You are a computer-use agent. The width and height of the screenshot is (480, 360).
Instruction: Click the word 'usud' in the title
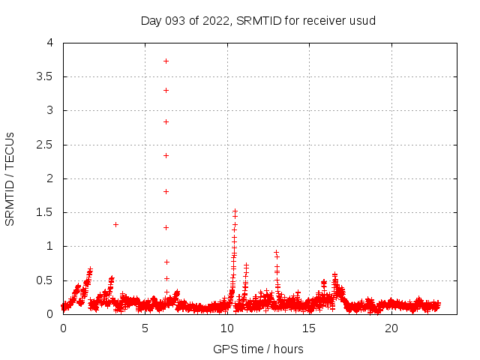362,20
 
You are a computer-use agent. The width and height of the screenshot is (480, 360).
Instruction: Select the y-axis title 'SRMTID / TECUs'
10,178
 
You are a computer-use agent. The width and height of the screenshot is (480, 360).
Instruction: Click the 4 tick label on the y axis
50,43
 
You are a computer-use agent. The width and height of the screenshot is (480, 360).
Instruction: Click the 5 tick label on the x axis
145,328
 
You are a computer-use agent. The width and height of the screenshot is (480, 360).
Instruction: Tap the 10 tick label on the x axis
227,328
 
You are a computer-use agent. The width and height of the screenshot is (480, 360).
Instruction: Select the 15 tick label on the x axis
310,328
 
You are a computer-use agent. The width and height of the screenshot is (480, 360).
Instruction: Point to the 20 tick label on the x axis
391,328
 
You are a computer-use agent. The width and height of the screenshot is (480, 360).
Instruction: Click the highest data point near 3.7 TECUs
166,61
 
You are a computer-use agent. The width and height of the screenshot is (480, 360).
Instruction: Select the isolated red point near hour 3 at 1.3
115,224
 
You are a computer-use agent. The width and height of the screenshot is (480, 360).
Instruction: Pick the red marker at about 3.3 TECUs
166,90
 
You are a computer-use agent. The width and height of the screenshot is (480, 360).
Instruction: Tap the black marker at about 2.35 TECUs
166,155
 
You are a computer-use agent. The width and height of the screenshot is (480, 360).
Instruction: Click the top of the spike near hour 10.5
235,211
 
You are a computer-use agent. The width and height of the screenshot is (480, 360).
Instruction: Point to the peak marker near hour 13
276,253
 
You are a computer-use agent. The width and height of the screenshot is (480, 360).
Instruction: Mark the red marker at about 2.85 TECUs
166,121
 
